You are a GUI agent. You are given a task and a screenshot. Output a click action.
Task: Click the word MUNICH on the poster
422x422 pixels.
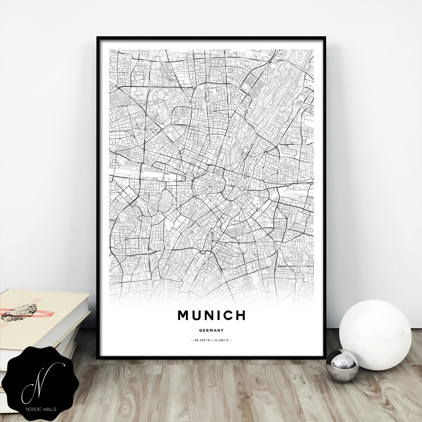[211, 315]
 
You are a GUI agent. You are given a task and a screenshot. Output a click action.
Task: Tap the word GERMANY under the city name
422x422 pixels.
[211, 331]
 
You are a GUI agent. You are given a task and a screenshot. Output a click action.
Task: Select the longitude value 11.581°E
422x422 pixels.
[221, 340]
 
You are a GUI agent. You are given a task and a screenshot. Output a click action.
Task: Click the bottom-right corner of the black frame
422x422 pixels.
[325, 358]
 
